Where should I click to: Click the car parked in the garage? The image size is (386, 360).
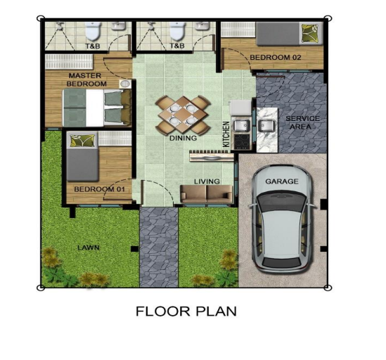tap(283, 220)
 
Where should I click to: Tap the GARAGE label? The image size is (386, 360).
tap(282, 181)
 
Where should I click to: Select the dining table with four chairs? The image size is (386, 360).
tap(183, 115)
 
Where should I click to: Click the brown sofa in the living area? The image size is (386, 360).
tap(206, 194)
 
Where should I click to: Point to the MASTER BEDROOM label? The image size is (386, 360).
tap(86, 79)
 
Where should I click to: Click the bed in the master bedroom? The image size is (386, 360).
tap(97, 108)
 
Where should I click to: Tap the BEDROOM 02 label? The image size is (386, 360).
tap(276, 58)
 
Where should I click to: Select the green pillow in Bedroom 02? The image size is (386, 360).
tap(311, 33)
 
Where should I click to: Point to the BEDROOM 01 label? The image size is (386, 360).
tap(99, 189)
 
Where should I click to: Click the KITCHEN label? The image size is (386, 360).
tap(226, 134)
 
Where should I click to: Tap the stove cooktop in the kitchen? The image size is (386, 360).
tap(242, 141)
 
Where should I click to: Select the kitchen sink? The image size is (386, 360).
tap(242, 125)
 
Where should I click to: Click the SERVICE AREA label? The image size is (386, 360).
tap(302, 122)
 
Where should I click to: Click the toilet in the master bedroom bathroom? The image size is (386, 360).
tap(93, 31)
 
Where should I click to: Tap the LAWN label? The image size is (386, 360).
tap(89, 247)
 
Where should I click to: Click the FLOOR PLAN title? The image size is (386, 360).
tap(186, 311)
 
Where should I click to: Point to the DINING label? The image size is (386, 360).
tap(183, 138)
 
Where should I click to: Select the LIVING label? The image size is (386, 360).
tap(207, 181)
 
